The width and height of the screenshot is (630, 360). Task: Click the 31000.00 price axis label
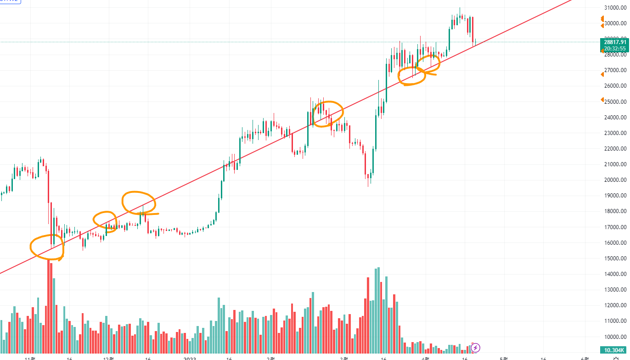616,7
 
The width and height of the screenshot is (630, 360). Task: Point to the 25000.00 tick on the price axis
616,101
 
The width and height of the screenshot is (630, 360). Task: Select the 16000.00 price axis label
616,242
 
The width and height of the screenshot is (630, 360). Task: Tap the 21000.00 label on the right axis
616,164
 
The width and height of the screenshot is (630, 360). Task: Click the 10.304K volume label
614,350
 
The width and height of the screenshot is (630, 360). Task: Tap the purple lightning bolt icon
476,348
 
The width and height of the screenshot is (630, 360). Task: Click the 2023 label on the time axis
190,357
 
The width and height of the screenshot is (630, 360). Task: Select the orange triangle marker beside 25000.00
602,100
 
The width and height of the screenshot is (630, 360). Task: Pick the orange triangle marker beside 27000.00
602,74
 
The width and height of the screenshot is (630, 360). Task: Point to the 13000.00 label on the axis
616,290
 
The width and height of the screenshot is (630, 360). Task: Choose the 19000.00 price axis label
616,196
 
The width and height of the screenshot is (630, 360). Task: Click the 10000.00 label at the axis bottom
616,337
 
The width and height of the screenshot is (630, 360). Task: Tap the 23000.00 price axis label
616,133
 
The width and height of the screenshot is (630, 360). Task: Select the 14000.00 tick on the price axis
616,274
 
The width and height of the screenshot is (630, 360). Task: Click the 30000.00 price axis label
616,23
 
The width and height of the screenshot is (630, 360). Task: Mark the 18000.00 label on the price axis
616,211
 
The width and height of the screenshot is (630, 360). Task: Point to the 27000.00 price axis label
616,70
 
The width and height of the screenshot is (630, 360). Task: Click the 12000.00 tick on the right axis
616,305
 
